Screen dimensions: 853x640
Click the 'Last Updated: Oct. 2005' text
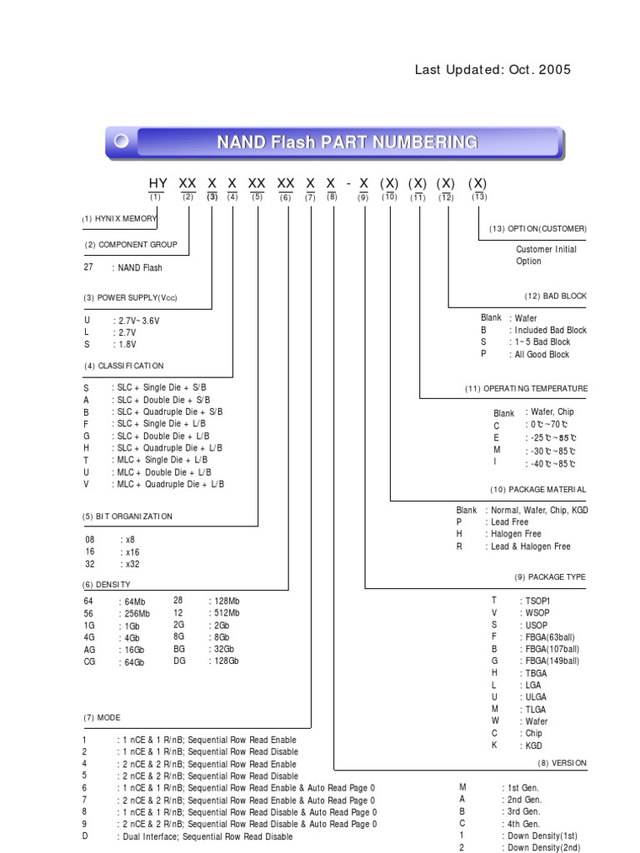click(492, 70)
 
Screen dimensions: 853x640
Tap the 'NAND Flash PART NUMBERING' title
click(347, 142)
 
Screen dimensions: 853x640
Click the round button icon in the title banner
click(122, 142)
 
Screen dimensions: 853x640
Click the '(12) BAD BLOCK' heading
click(555, 296)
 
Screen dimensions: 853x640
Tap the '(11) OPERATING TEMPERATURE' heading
click(526, 389)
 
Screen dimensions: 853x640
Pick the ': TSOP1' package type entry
click(534, 600)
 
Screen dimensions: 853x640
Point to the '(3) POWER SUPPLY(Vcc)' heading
click(130, 298)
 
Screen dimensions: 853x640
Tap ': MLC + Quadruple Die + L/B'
click(167, 484)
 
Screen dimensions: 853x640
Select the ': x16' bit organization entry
click(129, 551)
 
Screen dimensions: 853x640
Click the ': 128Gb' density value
click(223, 661)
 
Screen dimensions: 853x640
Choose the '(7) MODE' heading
click(102, 718)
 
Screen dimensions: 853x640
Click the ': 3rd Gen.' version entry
click(521, 811)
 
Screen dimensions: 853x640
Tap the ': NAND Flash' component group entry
click(137, 268)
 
